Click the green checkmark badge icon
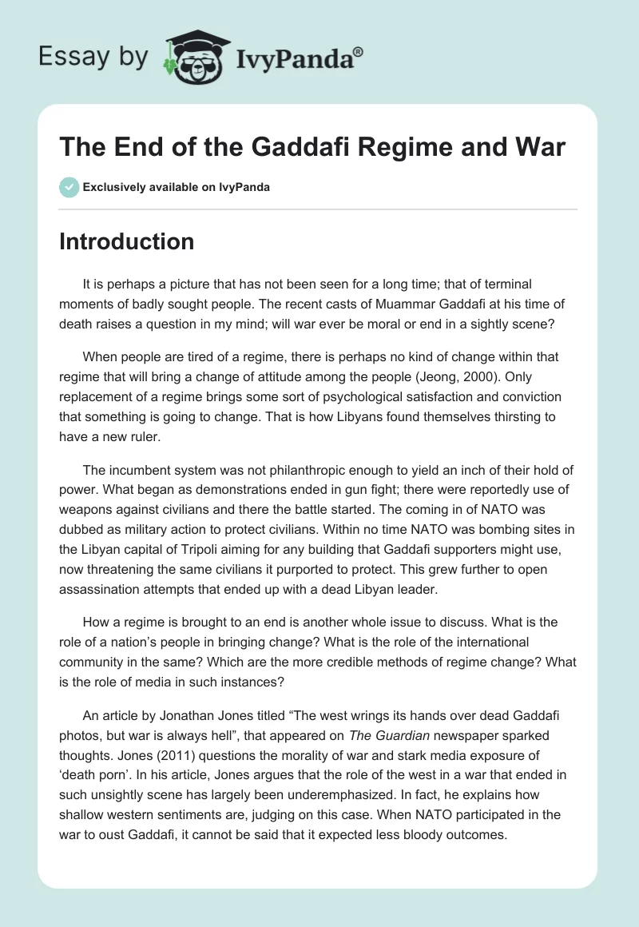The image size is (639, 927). (x=69, y=188)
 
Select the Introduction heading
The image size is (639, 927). (x=126, y=241)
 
